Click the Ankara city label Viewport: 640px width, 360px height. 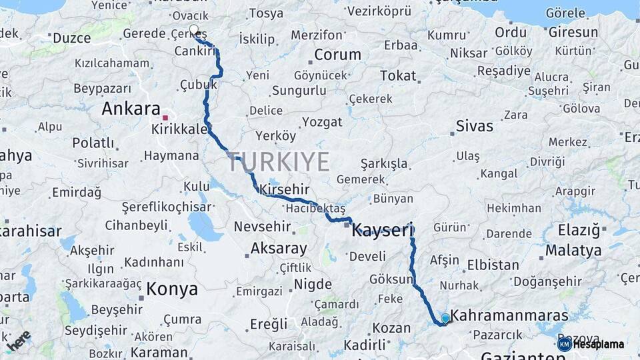point(131,109)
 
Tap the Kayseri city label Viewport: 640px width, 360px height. point(383,230)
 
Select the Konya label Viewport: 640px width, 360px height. point(172,289)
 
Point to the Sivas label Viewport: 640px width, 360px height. point(475,126)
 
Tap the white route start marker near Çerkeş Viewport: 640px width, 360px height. point(194,29)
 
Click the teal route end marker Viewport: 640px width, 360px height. point(445,319)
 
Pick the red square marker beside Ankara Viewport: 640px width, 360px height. point(165,117)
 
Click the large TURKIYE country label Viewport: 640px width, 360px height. point(279,162)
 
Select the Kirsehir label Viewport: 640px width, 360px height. point(285,189)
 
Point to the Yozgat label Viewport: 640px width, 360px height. point(323,122)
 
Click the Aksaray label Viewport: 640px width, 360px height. point(279,249)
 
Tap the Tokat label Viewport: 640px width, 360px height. point(397,75)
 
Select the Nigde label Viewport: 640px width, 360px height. point(313,284)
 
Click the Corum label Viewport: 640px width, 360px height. point(337,55)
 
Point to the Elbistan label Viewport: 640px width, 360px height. point(493,265)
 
